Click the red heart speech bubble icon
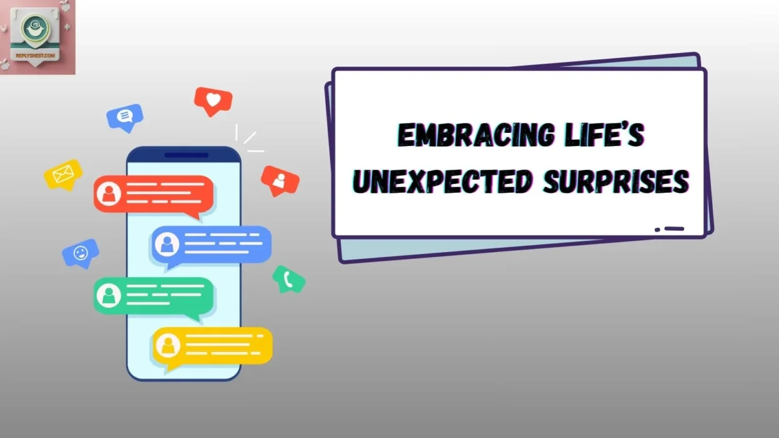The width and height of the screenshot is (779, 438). coord(213,100)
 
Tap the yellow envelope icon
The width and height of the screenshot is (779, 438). coord(63,174)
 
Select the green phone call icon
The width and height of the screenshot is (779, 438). coord(288,279)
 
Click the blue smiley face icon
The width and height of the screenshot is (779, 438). coord(81,253)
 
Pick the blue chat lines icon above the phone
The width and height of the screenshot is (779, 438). coord(125,116)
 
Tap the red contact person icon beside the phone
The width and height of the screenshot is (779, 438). coord(280,180)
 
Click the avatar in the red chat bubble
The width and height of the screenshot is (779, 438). coord(109,194)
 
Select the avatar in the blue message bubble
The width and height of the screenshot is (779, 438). coord(167,244)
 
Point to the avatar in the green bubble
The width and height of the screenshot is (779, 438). coord(109,295)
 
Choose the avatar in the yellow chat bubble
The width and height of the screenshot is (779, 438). coord(167,345)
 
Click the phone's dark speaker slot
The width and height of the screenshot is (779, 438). coord(186,155)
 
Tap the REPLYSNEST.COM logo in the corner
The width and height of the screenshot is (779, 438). coord(37,37)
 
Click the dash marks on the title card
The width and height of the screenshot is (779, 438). coord(670,229)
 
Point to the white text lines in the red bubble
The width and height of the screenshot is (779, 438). coord(162,193)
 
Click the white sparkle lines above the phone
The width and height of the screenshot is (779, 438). coord(248,140)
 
